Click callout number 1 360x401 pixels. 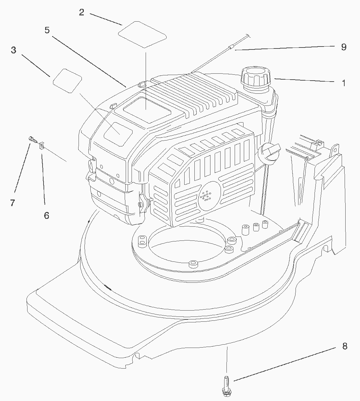(x=344, y=83)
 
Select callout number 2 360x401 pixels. (x=81, y=12)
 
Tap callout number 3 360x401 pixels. (x=13, y=50)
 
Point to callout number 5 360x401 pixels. (x=47, y=30)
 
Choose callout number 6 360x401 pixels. (x=46, y=215)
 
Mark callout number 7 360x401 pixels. (x=12, y=203)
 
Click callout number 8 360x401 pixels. (x=345, y=346)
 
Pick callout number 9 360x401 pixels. (x=344, y=47)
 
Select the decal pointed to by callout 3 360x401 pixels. (x=68, y=81)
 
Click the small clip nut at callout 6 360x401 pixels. (x=42, y=145)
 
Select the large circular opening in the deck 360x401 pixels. (x=187, y=244)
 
